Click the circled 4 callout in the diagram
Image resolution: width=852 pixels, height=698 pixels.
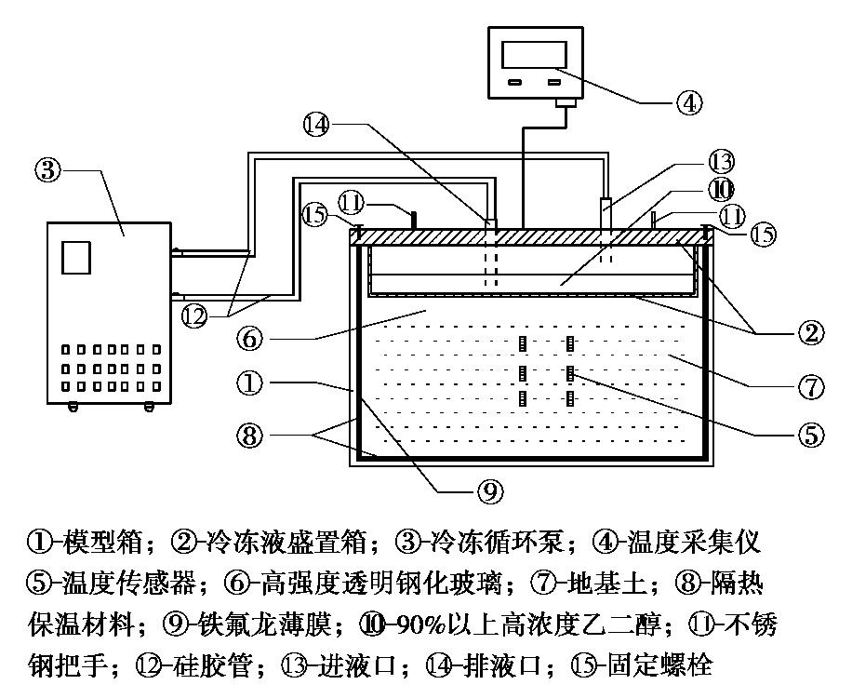(688, 101)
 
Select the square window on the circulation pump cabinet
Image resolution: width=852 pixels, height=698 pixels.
(75, 256)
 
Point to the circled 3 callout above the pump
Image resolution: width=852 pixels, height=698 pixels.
(48, 170)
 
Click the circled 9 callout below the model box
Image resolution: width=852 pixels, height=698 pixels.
(492, 488)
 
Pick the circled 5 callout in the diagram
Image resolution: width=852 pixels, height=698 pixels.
(810, 433)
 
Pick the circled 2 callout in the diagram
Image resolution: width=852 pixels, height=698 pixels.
(809, 330)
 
